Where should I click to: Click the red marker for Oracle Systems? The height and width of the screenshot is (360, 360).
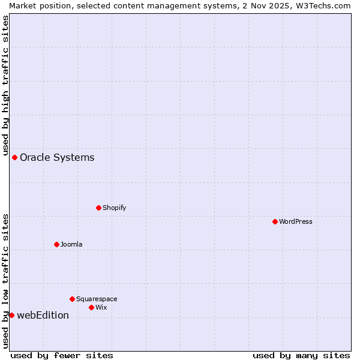[x=14, y=157]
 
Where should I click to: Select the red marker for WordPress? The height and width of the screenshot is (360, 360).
[x=275, y=221]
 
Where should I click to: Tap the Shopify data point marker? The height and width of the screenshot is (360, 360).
[x=98, y=208]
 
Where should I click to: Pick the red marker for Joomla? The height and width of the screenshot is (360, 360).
[x=56, y=244]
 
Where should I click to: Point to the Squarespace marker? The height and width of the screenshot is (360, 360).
[x=72, y=299]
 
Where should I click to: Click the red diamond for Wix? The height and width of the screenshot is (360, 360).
[x=91, y=307]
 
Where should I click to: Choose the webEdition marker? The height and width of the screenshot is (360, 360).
[x=11, y=315]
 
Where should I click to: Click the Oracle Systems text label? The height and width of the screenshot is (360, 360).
[x=57, y=157]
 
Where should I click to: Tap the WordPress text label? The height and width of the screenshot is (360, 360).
[x=296, y=221]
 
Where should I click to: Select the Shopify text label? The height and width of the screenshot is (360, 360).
[x=115, y=208]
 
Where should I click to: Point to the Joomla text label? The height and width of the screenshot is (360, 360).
[x=71, y=244]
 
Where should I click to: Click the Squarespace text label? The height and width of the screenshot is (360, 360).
[x=97, y=299]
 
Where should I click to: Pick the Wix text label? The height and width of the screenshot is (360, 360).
[x=101, y=307]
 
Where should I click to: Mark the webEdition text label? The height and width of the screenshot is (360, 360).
[x=43, y=315]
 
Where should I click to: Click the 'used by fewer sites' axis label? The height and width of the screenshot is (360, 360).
[x=62, y=355]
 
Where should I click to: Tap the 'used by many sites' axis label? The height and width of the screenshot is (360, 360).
[x=301, y=355]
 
